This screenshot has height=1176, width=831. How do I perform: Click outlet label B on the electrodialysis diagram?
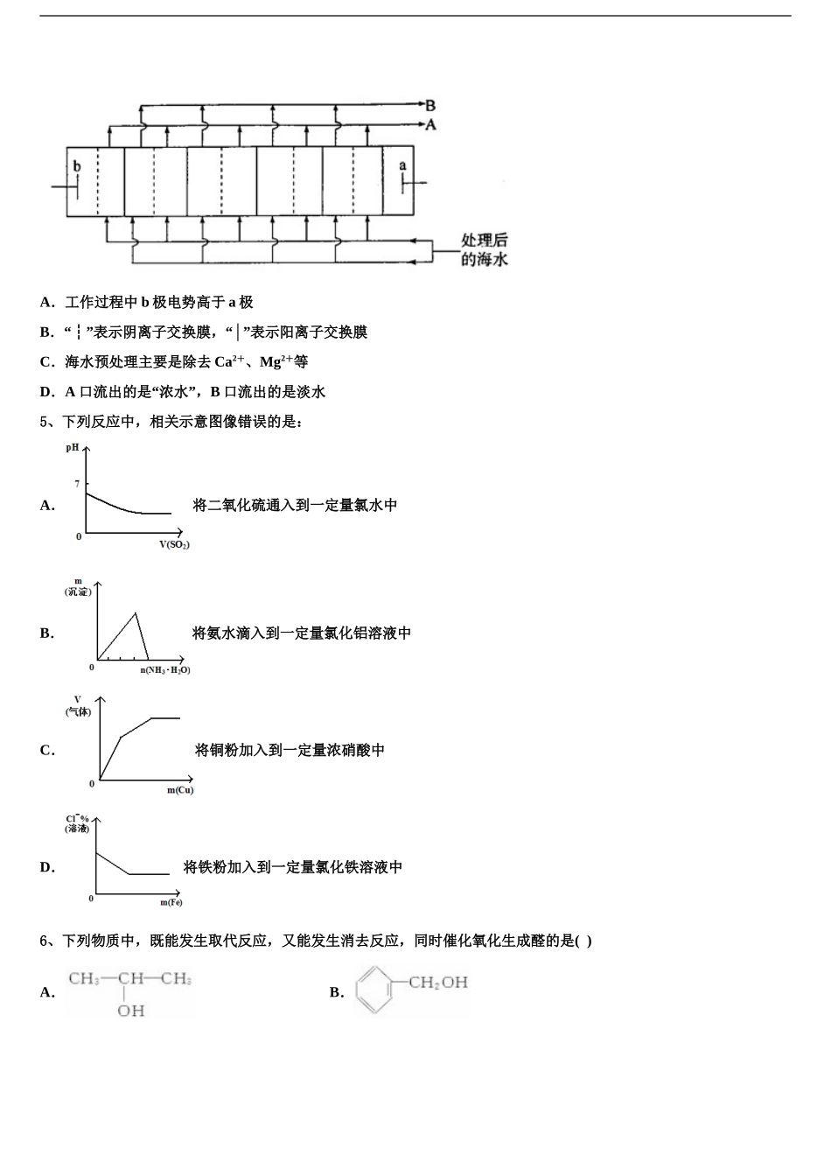point(430,106)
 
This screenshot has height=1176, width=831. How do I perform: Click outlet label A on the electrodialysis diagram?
point(430,125)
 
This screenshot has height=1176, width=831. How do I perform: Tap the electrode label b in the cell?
point(77,166)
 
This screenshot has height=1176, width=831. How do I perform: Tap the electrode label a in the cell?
point(403,165)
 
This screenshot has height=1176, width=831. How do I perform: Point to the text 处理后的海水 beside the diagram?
point(485,249)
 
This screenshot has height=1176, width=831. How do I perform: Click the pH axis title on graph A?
point(73,447)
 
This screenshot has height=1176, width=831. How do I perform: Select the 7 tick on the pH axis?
point(77,483)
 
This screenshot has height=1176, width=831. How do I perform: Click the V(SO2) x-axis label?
point(174,544)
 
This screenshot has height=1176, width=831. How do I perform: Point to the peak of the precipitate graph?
point(136,612)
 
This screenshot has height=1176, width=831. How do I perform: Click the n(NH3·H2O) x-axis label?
point(165,670)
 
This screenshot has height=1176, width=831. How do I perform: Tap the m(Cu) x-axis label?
point(180,790)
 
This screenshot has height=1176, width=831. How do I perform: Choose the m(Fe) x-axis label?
point(171,902)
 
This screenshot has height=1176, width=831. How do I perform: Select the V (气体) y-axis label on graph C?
point(78,705)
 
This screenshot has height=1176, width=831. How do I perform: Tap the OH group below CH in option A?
point(131,1011)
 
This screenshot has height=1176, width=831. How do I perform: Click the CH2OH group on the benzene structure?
point(439,982)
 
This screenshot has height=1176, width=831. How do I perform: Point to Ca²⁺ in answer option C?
point(229,361)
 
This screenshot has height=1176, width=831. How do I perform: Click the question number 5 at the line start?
point(44,422)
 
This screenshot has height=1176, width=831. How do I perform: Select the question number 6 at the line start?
point(44,941)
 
